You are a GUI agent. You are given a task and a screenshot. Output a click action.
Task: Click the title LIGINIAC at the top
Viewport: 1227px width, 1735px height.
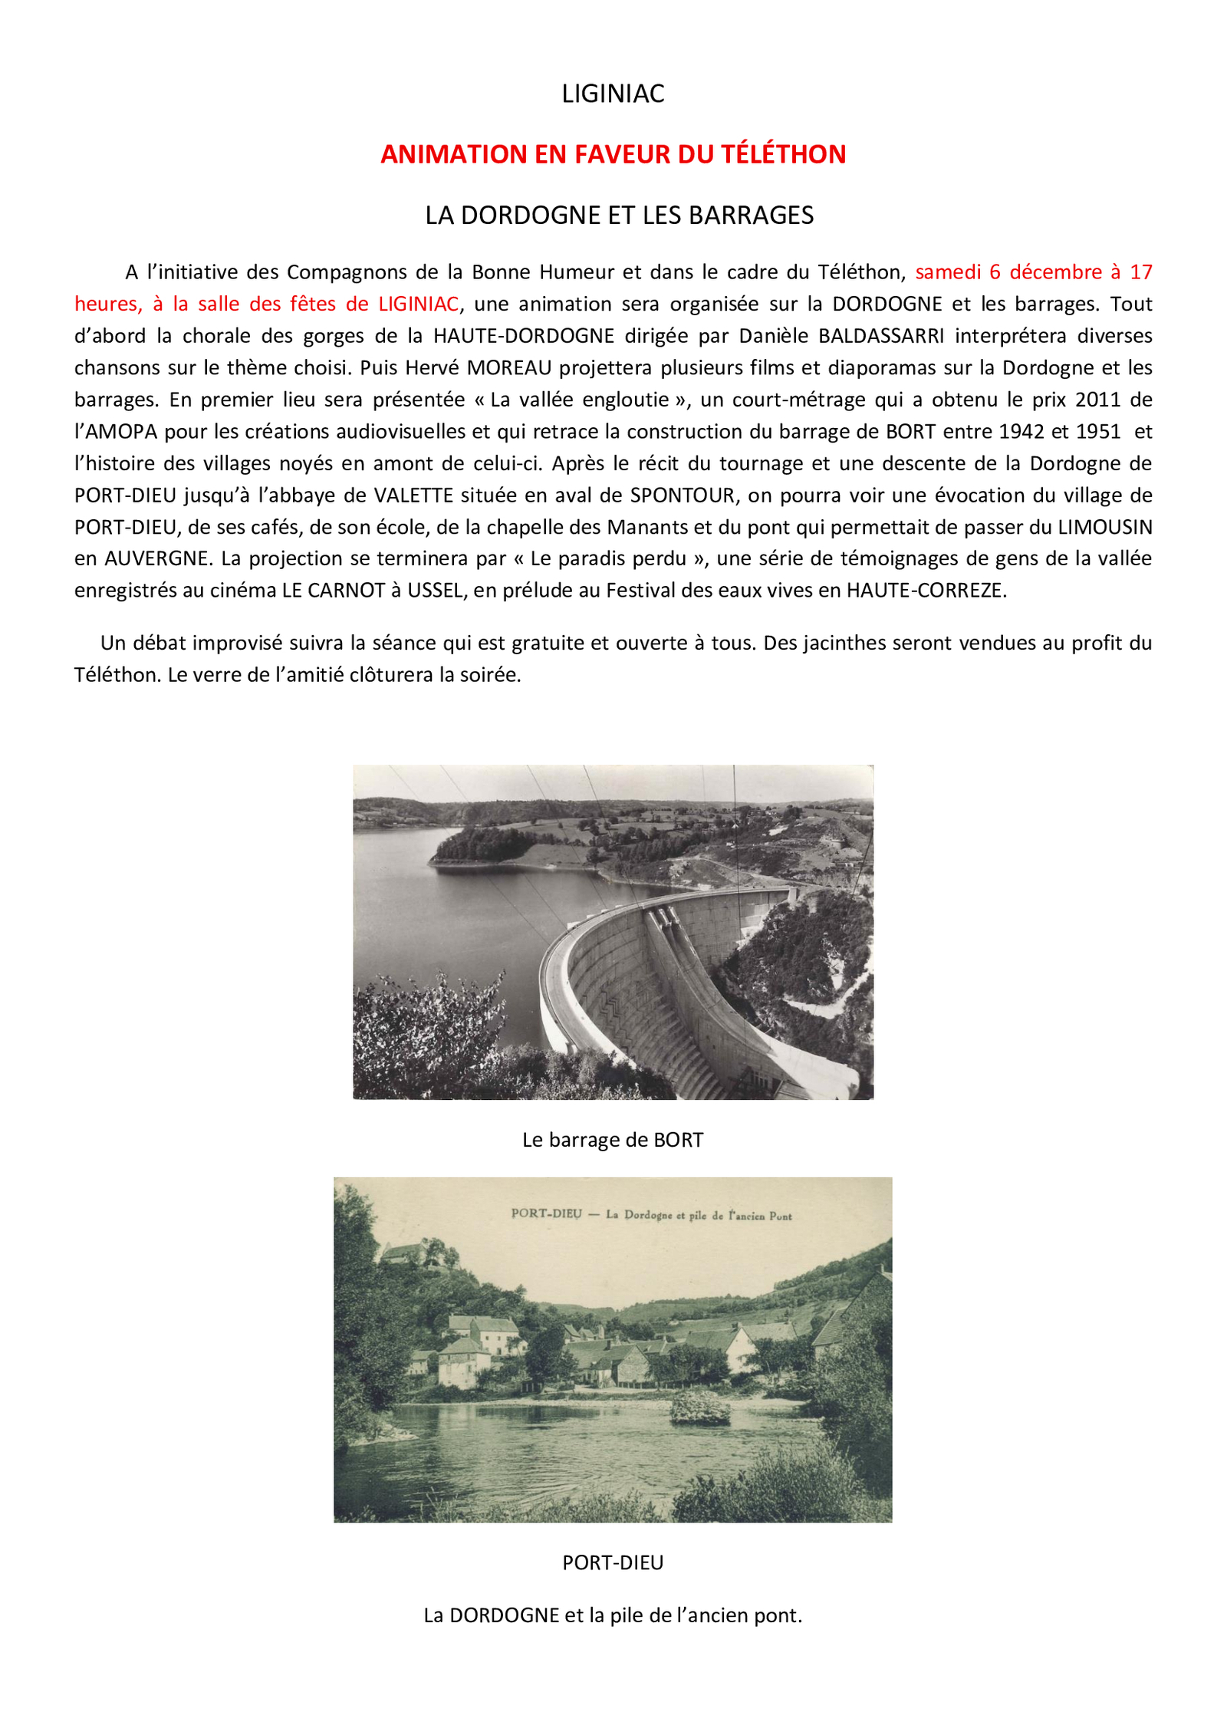613,94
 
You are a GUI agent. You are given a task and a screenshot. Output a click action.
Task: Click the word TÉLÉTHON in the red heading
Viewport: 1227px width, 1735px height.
783,154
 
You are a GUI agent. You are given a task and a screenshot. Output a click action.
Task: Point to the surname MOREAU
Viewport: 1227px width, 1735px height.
509,368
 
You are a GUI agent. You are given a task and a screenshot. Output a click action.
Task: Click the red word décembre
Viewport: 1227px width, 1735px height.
1055,272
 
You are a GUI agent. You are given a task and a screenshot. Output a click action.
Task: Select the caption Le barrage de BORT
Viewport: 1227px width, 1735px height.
613,1140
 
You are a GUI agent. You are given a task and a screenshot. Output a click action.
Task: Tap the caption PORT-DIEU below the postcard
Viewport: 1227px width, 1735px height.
613,1563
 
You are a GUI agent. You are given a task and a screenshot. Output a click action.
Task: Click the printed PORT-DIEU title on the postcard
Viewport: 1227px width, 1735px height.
546,1214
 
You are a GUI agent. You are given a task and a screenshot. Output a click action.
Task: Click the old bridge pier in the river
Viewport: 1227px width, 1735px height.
699,1407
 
